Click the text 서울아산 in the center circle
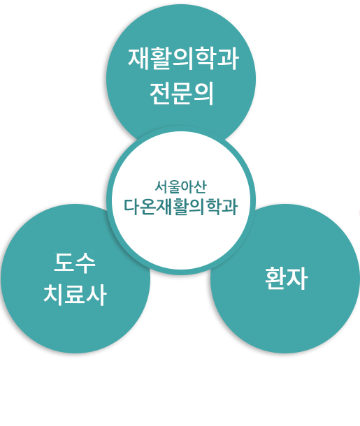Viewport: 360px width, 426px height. point(180,186)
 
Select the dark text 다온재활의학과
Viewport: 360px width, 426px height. point(180,207)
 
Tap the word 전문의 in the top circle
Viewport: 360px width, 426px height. point(181,94)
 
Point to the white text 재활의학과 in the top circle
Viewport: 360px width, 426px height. point(183,59)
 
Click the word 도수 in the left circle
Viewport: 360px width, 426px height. point(75,263)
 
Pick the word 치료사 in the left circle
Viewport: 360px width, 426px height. point(75,295)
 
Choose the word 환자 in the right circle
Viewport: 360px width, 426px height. point(287,278)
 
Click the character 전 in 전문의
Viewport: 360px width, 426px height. point(160,94)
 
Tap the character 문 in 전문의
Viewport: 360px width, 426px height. point(181,94)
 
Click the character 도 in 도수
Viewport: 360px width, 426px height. point(64,262)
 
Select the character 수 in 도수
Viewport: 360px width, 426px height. point(85,263)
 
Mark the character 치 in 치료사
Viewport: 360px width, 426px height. point(53,295)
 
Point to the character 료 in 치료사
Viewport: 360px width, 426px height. point(75,295)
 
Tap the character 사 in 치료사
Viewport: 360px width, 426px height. point(96,295)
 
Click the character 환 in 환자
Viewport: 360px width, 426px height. point(275,278)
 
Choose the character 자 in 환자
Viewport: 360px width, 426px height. point(297,279)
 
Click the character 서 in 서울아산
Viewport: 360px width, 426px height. point(161,186)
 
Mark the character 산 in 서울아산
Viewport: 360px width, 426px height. point(201,187)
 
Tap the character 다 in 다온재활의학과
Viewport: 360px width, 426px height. point(132,207)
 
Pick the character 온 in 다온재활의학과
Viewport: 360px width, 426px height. point(148,207)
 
